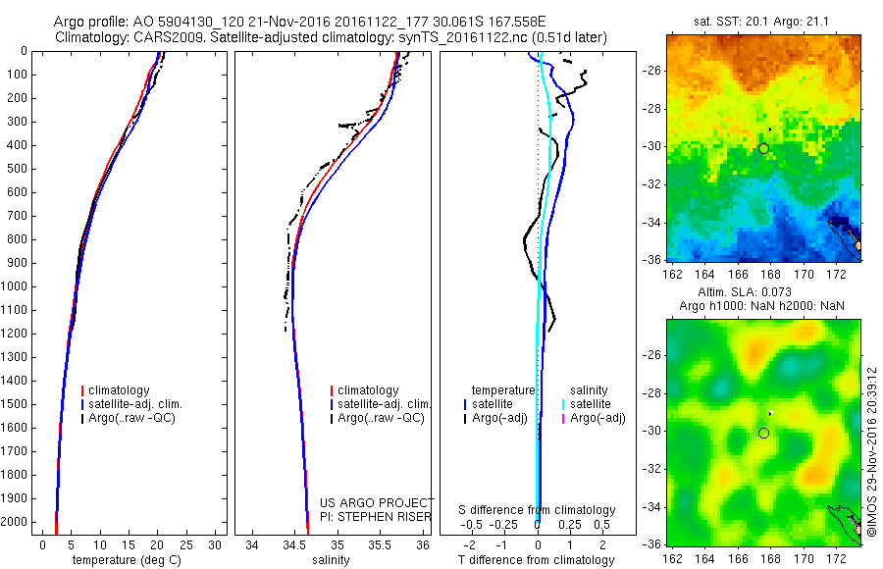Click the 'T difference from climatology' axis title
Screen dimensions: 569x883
pyautogui.click(x=538, y=560)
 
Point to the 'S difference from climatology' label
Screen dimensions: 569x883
pyautogui.click(x=538, y=510)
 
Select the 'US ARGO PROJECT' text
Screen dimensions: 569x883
pyautogui.click(x=377, y=502)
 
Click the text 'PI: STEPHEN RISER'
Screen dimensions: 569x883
pyautogui.click(x=377, y=515)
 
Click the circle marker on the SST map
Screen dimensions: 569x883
pyautogui.click(x=763, y=148)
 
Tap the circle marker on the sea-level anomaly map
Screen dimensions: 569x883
pyautogui.click(x=763, y=433)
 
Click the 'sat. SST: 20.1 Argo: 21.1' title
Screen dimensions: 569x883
pyautogui.click(x=763, y=22)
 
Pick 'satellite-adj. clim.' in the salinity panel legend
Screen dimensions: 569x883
pyautogui.click(x=385, y=404)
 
